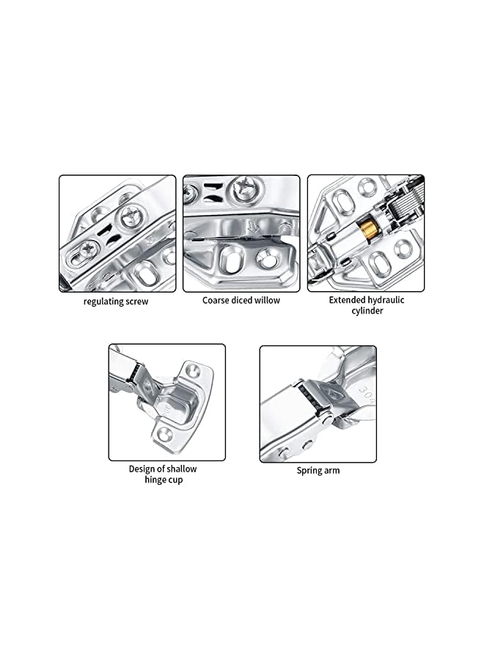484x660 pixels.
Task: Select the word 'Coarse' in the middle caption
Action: [x=218, y=300]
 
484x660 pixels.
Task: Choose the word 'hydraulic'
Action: [x=387, y=300]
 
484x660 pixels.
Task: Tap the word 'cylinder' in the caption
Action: [x=366, y=311]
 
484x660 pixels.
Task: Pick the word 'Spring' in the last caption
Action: [x=309, y=470]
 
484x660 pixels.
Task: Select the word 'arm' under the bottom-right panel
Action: [x=332, y=470]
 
